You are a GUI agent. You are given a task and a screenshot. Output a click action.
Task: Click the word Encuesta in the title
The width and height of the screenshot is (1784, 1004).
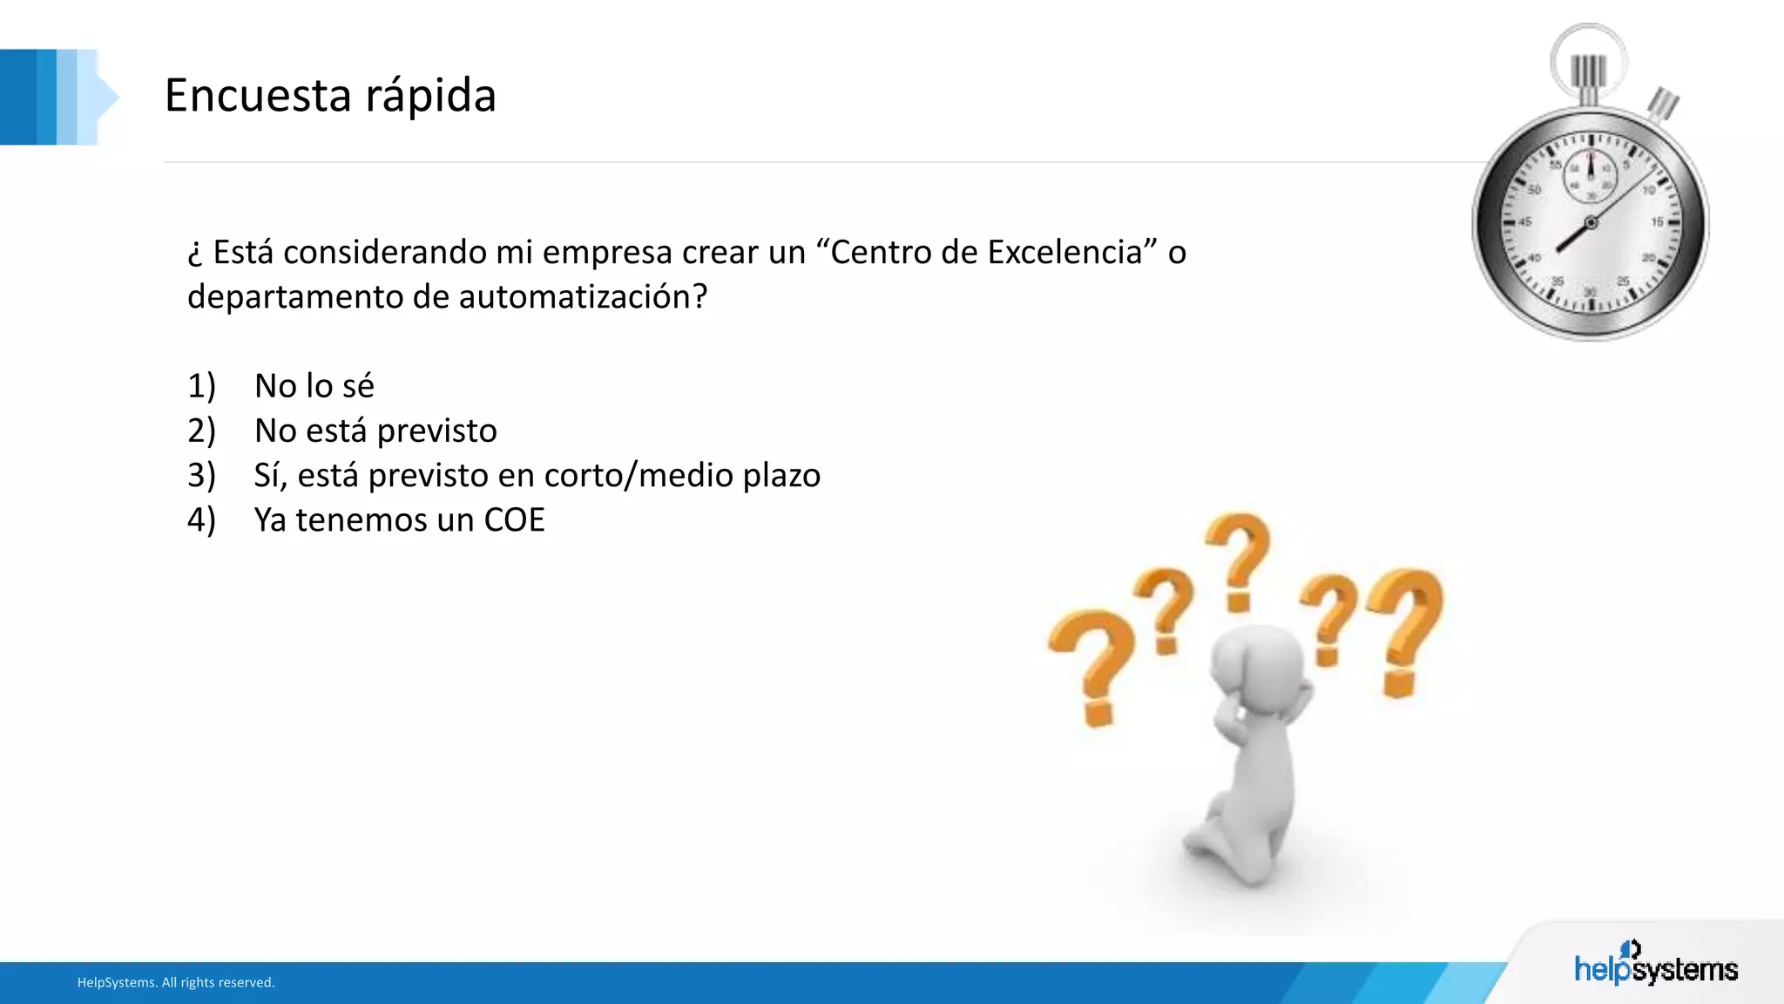(257, 95)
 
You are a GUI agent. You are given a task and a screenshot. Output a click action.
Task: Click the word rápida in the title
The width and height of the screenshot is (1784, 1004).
(430, 97)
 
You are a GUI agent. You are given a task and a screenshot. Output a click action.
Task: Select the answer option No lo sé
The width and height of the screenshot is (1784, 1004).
(314, 386)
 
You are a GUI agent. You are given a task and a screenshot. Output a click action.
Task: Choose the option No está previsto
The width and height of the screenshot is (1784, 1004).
(375, 431)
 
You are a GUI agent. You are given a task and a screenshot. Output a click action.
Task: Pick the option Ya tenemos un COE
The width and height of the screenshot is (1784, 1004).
(399, 520)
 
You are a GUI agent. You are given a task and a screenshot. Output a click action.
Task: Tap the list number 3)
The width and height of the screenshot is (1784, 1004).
(201, 476)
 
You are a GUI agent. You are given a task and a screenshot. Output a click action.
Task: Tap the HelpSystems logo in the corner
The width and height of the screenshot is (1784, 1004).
(1655, 966)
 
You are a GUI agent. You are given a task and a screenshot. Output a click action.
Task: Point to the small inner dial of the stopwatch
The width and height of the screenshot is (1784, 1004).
(1590, 174)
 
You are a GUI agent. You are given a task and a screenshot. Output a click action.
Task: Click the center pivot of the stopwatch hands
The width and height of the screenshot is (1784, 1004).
(1591, 223)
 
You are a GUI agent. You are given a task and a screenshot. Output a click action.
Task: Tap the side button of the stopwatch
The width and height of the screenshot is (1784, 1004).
(1663, 105)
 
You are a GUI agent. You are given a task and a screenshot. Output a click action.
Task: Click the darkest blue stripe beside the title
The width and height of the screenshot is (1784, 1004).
(17, 97)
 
